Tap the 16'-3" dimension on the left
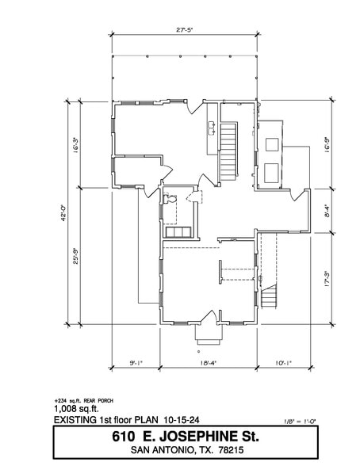pyautogui.click(x=76, y=146)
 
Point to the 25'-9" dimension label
pyautogui.click(x=76, y=256)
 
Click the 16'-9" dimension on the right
pyautogui.click(x=327, y=146)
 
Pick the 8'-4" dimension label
pyautogui.click(x=327, y=211)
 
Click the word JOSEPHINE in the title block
pyautogui.click(x=201, y=436)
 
